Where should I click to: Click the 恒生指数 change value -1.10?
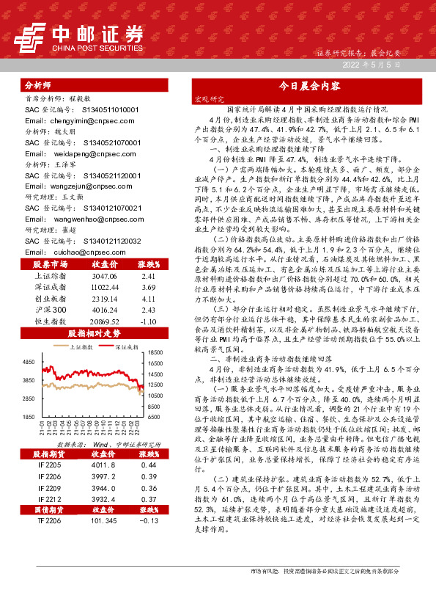149,321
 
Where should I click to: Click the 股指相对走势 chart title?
95,334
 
